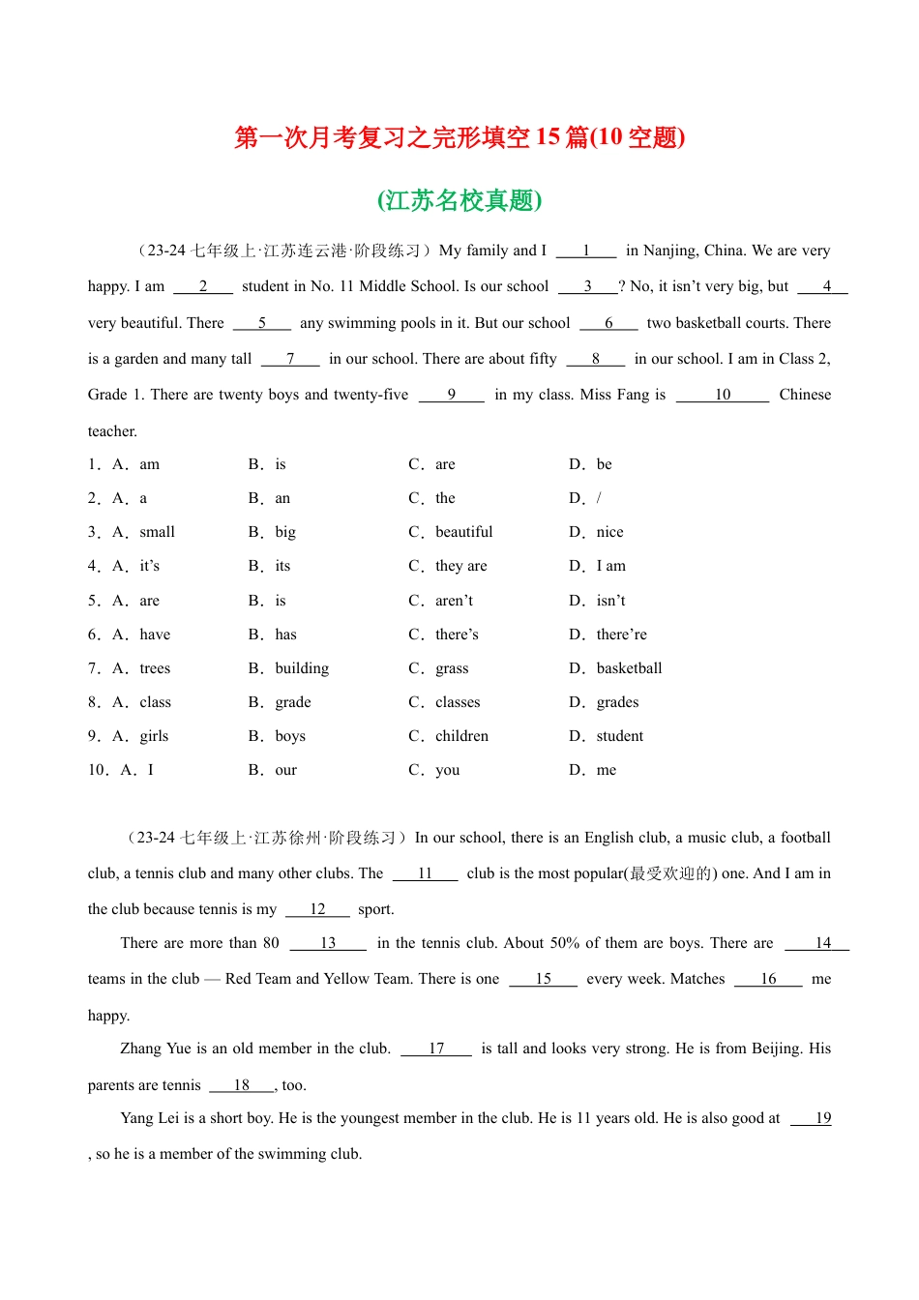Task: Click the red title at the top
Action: pyautogui.click(x=459, y=137)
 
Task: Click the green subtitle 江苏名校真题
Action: pyautogui.click(x=459, y=200)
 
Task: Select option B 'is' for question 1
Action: pyautogui.click(x=280, y=464)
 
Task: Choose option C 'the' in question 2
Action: pyautogui.click(x=445, y=498)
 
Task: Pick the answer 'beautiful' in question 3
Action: pyautogui.click(x=463, y=532)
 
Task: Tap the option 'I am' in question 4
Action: pyautogui.click(x=610, y=566)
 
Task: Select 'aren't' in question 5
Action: pyautogui.click(x=454, y=601)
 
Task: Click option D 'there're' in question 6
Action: pyautogui.click(x=621, y=635)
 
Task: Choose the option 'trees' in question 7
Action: pyautogui.click(x=155, y=668)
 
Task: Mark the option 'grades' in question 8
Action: pyautogui.click(x=617, y=702)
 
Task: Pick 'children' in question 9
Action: pyautogui.click(x=461, y=736)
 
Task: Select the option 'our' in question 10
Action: pyautogui.click(x=285, y=770)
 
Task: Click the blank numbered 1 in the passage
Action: pyautogui.click(x=586, y=251)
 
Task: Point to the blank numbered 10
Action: pyautogui.click(x=723, y=395)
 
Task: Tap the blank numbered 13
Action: pyautogui.click(x=328, y=943)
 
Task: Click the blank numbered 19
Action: pyautogui.click(x=822, y=1118)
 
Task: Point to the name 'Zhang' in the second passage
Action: pyautogui.click(x=141, y=1049)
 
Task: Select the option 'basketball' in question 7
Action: pyautogui.click(x=629, y=668)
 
